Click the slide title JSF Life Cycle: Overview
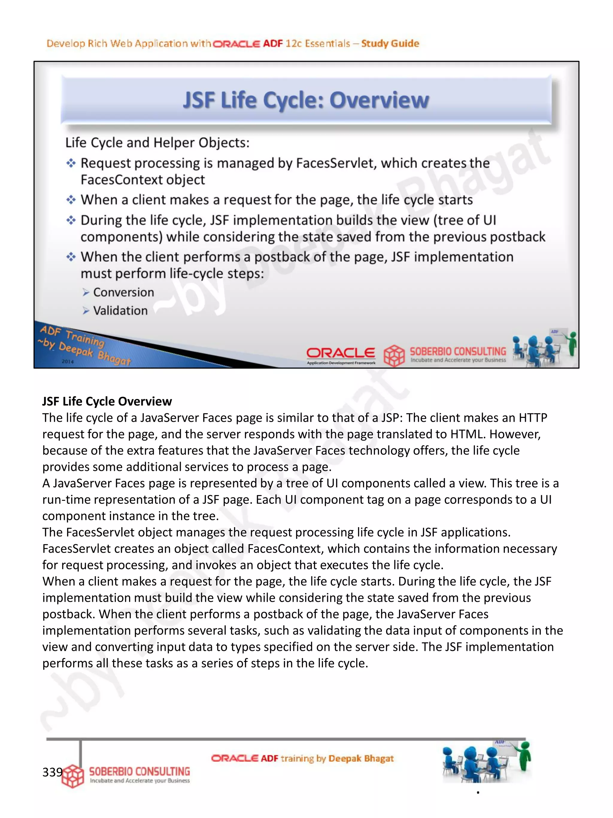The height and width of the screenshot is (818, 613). tap(306, 100)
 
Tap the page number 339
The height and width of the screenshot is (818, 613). tap(52, 772)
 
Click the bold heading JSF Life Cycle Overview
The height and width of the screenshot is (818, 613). tap(107, 401)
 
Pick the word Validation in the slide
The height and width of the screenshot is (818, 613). tap(120, 311)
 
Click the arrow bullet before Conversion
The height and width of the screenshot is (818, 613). tap(86, 293)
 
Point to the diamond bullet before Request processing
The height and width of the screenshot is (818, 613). tap(71, 163)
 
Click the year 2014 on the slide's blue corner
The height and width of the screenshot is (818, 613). tap(68, 362)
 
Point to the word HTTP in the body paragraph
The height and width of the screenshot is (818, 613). tap(533, 418)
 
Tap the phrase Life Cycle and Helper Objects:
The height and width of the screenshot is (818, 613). tap(157, 143)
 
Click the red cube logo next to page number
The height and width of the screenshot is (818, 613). tap(73, 775)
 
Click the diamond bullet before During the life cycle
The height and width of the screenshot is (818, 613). tap(71, 220)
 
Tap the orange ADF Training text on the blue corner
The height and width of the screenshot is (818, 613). tap(72, 335)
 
